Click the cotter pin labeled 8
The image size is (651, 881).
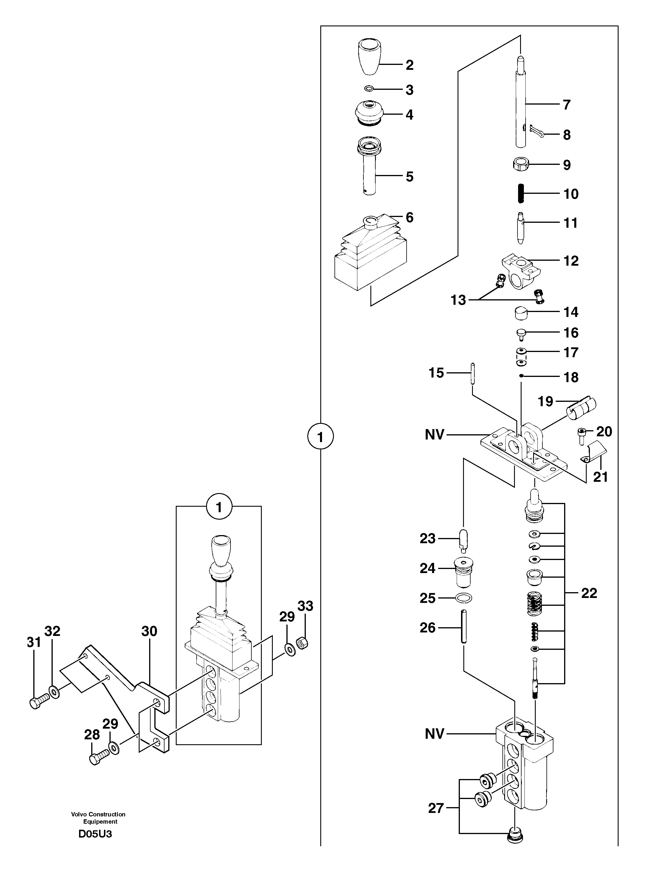pyautogui.click(x=537, y=132)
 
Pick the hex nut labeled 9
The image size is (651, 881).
pyautogui.click(x=521, y=164)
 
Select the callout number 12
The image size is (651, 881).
pyautogui.click(x=571, y=261)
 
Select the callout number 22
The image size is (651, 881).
pyautogui.click(x=589, y=593)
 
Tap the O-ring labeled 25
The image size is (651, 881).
pyautogui.click(x=463, y=598)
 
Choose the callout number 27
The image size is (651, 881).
pyautogui.click(x=436, y=808)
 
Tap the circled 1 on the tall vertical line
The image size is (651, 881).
pyautogui.click(x=320, y=437)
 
